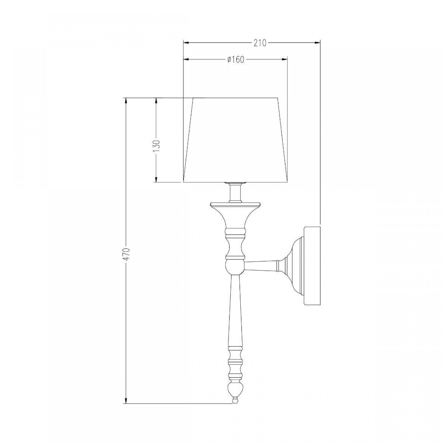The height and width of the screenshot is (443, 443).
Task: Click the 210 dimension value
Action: (x=260, y=43)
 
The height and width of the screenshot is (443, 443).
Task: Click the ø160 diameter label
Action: (x=236, y=60)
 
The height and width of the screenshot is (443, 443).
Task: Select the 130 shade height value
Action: (x=156, y=145)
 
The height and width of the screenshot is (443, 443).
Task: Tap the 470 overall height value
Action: (x=126, y=254)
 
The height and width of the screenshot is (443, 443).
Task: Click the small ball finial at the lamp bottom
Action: (x=235, y=401)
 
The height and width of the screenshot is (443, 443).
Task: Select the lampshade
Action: (x=235, y=140)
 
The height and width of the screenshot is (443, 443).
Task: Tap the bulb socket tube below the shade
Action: (x=235, y=193)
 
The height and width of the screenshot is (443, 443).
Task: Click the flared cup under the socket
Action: (x=235, y=216)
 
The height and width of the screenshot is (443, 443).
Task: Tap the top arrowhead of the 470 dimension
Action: (x=126, y=101)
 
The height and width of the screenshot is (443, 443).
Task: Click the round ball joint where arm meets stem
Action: (x=235, y=266)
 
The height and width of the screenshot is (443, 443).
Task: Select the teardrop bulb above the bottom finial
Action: (x=235, y=388)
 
